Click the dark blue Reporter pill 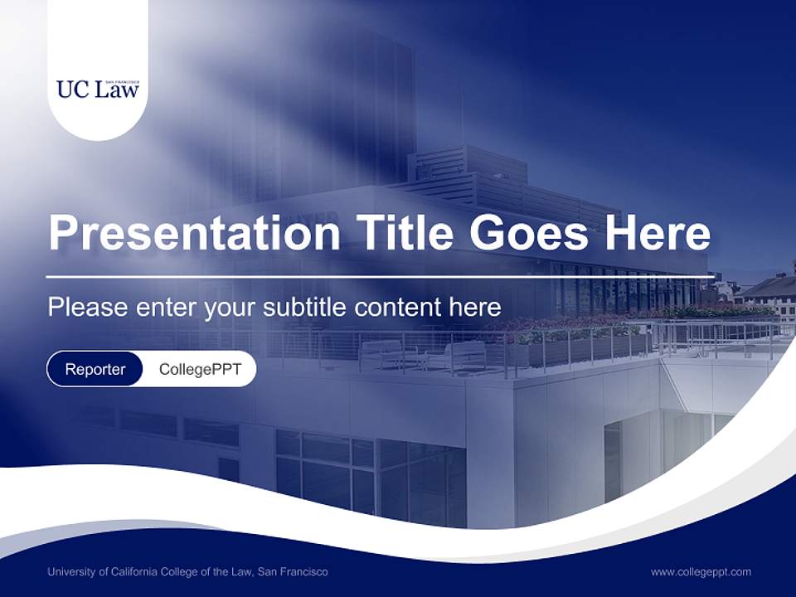point(95,369)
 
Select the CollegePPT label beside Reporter point(200,369)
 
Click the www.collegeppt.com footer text point(701,571)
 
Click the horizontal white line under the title point(380,276)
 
